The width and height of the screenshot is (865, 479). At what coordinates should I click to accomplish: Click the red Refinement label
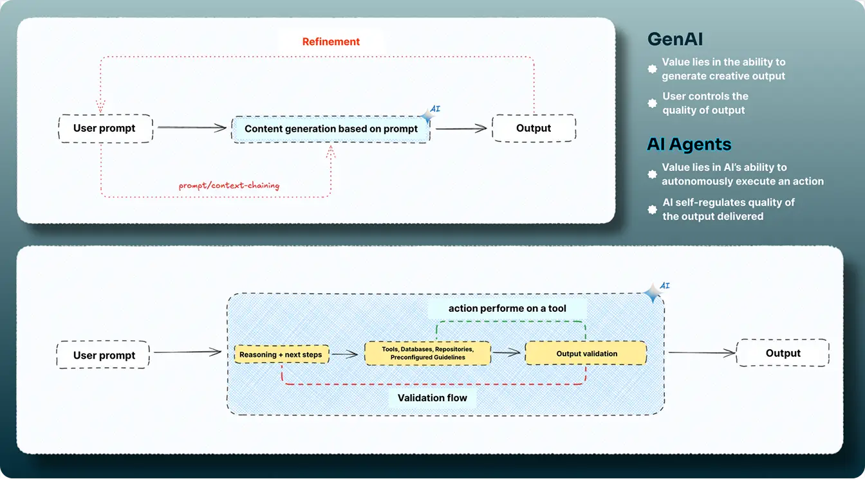(331, 42)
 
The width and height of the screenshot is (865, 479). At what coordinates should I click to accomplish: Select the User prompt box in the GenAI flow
(104, 128)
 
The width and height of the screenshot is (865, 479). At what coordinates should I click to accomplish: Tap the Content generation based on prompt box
(331, 129)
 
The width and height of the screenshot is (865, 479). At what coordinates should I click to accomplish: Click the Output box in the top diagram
(534, 128)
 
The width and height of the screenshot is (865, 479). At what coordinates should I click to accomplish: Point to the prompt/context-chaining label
(229, 185)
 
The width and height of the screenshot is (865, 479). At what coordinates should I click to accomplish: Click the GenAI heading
(673, 39)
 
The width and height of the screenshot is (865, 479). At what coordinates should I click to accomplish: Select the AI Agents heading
(689, 144)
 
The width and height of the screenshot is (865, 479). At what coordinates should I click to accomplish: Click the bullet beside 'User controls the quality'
(652, 104)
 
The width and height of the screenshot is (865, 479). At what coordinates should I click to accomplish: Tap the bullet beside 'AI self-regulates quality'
(652, 209)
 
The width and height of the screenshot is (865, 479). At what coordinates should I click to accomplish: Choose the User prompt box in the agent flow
(104, 355)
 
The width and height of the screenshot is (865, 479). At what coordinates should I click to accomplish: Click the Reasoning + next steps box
(281, 354)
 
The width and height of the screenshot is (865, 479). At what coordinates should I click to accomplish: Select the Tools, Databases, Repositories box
(427, 353)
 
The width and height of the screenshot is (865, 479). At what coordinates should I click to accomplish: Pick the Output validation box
(586, 353)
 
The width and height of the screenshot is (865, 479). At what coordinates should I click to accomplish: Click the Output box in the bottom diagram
(783, 353)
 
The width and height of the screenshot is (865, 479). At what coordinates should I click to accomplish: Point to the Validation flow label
(432, 398)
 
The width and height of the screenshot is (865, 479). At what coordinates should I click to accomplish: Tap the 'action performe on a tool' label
(507, 309)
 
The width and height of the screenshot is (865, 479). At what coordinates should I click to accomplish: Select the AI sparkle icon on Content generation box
(427, 116)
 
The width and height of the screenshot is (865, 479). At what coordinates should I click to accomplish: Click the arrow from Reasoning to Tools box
(345, 354)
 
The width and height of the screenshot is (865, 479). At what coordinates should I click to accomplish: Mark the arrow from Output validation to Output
(701, 352)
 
